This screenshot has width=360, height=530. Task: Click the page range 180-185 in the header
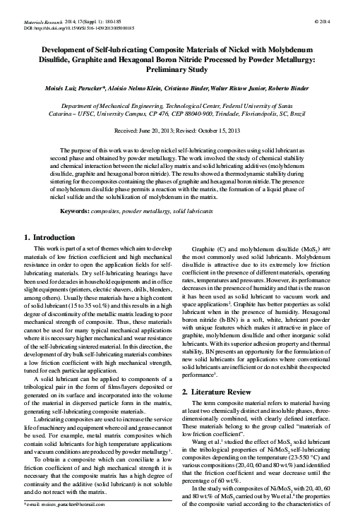click(x=120, y=22)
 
